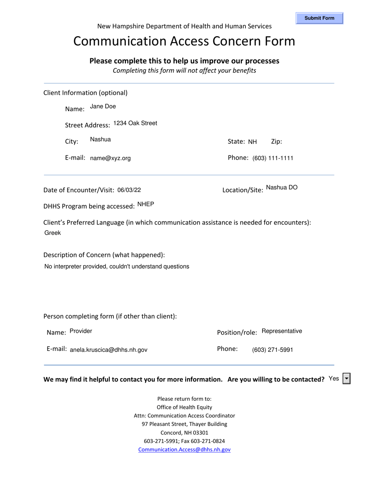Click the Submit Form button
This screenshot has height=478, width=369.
pyautogui.click(x=319, y=18)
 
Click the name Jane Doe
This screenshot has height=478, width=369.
pyautogui.click(x=103, y=106)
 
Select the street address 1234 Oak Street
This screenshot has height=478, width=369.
pyautogui.click(x=135, y=123)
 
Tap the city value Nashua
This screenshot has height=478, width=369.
pyautogui.click(x=100, y=140)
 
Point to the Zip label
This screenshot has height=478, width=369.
pyautogui.click(x=276, y=142)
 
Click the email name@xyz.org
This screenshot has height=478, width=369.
pyautogui.click(x=110, y=158)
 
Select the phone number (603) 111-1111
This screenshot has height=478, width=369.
pyautogui.click(x=273, y=158)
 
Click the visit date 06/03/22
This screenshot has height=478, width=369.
pyautogui.click(x=129, y=190)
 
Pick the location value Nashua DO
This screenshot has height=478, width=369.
pyautogui.click(x=282, y=187)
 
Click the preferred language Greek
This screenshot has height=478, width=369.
pyautogui.click(x=53, y=233)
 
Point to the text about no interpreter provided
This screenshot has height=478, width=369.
pyautogui.click(x=117, y=267)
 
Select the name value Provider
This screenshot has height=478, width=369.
pyautogui.click(x=81, y=331)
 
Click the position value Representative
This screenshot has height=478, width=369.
pyautogui.click(x=282, y=331)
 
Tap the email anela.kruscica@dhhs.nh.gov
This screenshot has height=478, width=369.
pyautogui.click(x=109, y=350)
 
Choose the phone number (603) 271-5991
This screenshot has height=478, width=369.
pyautogui.click(x=273, y=350)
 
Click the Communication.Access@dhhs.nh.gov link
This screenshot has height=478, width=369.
pyautogui.click(x=184, y=450)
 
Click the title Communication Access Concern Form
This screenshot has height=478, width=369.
pyautogui.click(x=184, y=41)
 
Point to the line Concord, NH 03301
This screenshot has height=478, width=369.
pyautogui.click(x=184, y=433)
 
